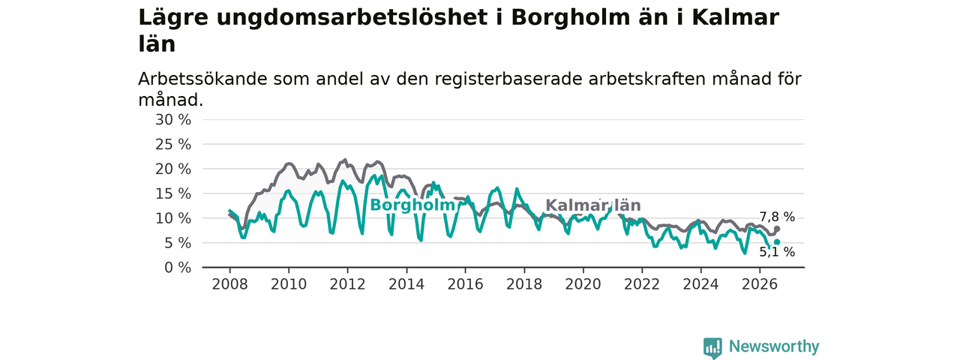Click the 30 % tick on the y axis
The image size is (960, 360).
coord(173,120)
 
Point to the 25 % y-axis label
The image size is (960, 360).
coord(173,145)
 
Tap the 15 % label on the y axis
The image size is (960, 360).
coord(173,193)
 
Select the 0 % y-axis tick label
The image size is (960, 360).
coord(178,268)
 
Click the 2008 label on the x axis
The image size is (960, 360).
coord(229,284)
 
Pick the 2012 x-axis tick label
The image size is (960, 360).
coord(347,284)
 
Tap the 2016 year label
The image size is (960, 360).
coord(466,284)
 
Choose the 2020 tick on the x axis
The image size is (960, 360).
coord(583,284)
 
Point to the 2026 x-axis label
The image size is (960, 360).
coord(760,284)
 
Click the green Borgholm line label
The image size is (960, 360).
coord(412,205)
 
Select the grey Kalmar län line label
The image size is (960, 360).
coord(593,205)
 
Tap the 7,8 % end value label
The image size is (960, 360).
coord(777,217)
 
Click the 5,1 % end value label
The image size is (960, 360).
coord(777,252)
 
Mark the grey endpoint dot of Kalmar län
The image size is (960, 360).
coord(777,229)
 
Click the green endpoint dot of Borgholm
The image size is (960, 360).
coord(777,242)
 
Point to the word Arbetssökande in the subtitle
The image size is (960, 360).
coord(203,79)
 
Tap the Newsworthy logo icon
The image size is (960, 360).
coord(712,347)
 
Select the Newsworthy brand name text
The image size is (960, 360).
coord(774,346)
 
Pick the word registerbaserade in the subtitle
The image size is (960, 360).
coord(508,79)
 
